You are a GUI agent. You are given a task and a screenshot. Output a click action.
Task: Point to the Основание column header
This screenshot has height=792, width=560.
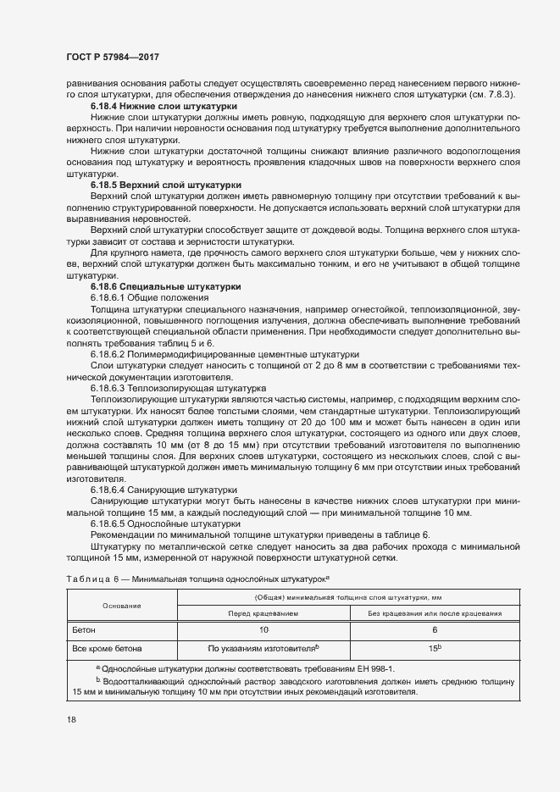click(122, 606)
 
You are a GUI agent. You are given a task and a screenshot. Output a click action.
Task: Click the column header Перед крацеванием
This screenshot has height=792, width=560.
click(263, 613)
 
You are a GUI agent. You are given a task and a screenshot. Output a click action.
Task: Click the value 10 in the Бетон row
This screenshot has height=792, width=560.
click(263, 630)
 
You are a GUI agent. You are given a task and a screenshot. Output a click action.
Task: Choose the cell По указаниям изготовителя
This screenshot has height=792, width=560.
click(263, 648)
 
